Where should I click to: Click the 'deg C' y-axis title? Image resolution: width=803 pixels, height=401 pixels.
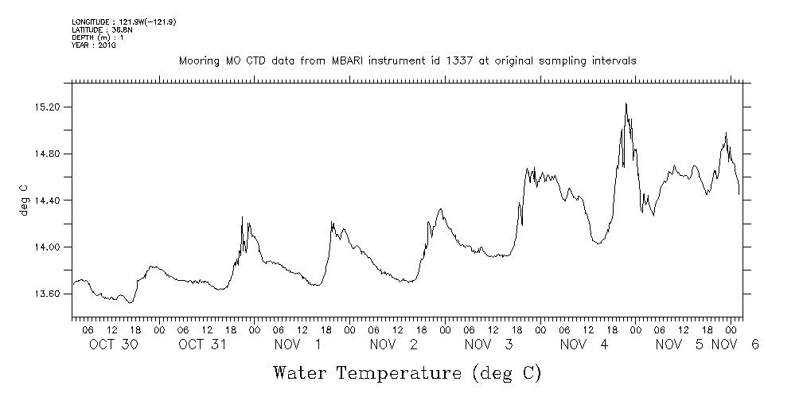pyautogui.click(x=23, y=200)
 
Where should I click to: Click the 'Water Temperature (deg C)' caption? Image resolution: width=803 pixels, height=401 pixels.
pyautogui.click(x=407, y=372)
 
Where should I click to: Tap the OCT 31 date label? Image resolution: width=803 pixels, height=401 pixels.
pyautogui.click(x=202, y=345)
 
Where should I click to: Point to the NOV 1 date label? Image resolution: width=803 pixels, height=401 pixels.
pyautogui.click(x=298, y=345)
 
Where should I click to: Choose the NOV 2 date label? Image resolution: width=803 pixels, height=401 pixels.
pyautogui.click(x=393, y=345)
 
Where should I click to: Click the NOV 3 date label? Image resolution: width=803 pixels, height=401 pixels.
pyautogui.click(x=489, y=345)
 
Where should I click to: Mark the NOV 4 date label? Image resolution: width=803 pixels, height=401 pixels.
pyautogui.click(x=584, y=345)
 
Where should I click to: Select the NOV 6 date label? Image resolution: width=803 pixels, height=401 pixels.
pyautogui.click(x=736, y=345)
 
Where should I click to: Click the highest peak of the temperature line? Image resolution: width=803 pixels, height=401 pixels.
pyautogui.click(x=626, y=103)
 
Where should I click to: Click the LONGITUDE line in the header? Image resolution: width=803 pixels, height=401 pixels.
pyautogui.click(x=123, y=21)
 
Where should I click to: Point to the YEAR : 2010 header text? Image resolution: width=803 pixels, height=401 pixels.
pyautogui.click(x=94, y=45)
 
